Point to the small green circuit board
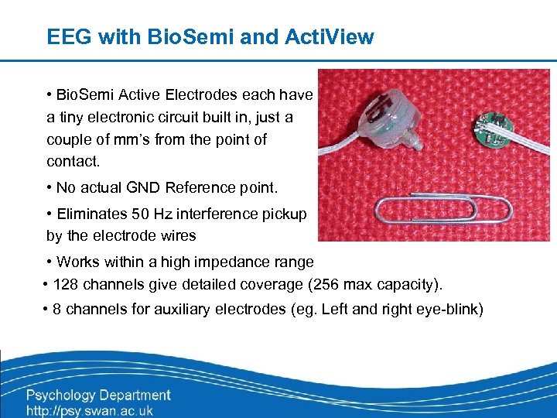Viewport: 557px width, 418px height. [506, 125]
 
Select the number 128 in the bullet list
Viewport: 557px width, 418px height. [65, 284]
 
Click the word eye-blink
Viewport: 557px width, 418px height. [450, 310]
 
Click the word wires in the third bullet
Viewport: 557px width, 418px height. [177, 235]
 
